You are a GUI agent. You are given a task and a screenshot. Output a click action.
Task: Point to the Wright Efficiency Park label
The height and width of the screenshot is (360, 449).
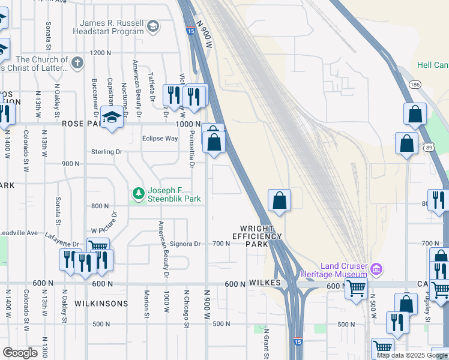pyautogui.click(x=261, y=236)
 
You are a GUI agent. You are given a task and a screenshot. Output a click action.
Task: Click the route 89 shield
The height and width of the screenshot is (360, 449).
pyautogui.click(x=427, y=147)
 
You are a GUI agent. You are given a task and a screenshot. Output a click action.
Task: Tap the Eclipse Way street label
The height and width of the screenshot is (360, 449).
pyautogui.click(x=160, y=139)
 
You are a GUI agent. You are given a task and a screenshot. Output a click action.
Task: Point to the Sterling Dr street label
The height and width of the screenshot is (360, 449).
pyautogui.click(x=106, y=152)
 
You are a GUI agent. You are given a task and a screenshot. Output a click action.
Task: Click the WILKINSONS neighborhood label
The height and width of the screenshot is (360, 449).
pyautogui.click(x=101, y=304)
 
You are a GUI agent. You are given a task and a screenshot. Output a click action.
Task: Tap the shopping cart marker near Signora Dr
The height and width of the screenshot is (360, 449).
pyautogui.click(x=98, y=247)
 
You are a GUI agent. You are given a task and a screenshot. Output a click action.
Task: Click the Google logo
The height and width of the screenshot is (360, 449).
pyautogui.click(x=20, y=353)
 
